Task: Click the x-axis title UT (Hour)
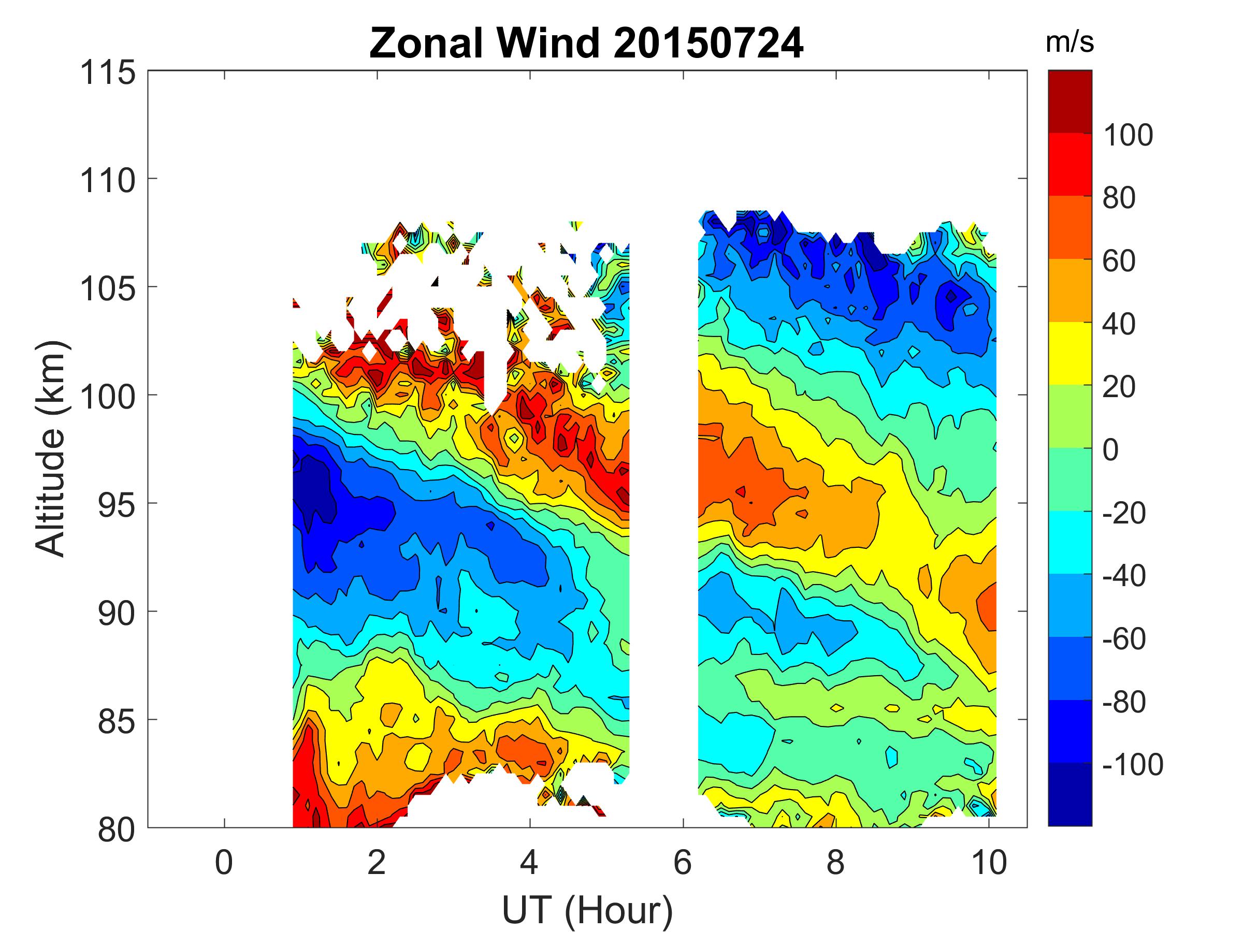(x=587, y=910)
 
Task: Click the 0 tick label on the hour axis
(x=224, y=862)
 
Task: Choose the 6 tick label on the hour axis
(x=682, y=862)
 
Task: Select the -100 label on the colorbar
(x=1132, y=765)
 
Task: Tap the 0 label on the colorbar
(x=1110, y=450)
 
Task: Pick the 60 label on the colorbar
(x=1119, y=261)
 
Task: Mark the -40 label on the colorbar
(x=1124, y=576)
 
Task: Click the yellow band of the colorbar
(x=1069, y=353)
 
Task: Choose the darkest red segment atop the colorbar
(x=1069, y=101)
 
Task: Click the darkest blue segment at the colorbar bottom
(x=1069, y=794)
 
